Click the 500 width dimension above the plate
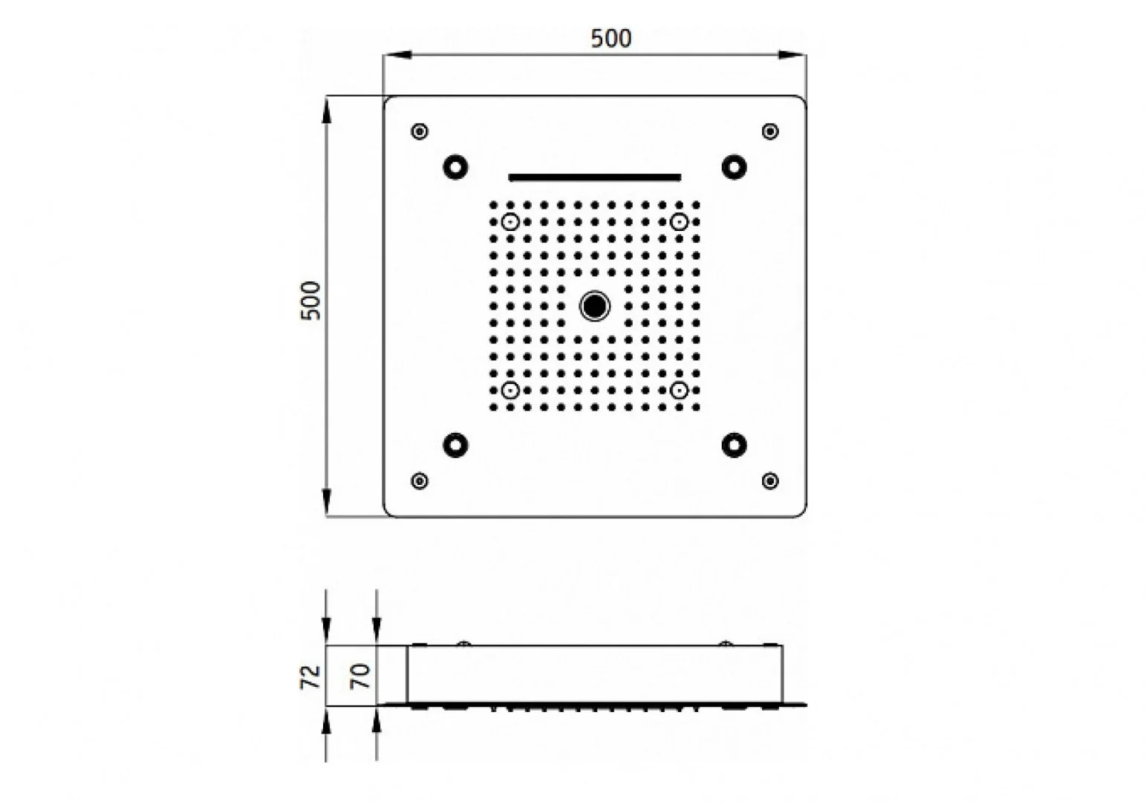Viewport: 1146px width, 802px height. [611, 39]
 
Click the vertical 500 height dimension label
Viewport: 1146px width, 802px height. [310, 301]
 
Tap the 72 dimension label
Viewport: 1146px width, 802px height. [310, 677]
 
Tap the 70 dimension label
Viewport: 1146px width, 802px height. [360, 676]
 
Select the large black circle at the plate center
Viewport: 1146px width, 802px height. [594, 306]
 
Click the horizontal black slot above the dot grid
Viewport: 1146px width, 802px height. [594, 177]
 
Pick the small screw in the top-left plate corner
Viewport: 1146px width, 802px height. [420, 131]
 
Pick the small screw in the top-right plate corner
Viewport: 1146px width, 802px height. [770, 131]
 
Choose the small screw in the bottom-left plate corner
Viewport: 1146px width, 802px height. [420, 480]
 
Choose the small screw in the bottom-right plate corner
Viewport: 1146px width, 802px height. [770, 480]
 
